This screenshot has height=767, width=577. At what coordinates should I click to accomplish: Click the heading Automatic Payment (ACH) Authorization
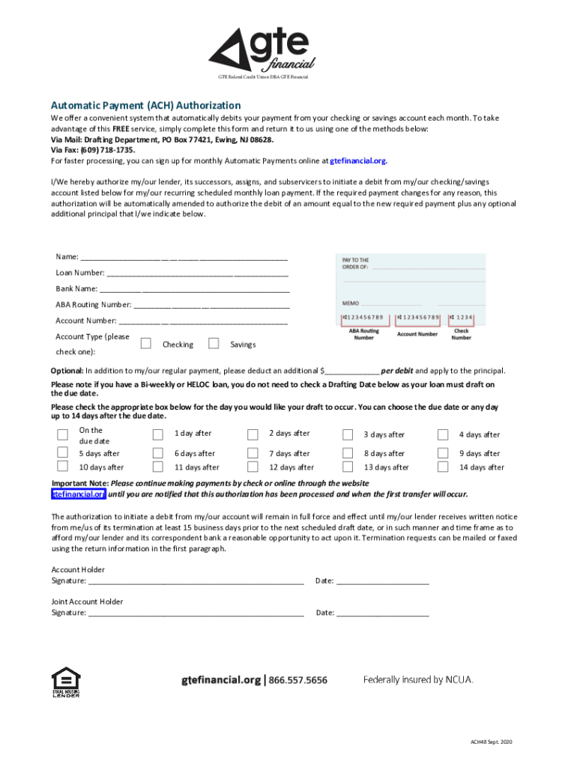145,106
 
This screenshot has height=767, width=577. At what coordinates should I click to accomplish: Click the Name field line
184,257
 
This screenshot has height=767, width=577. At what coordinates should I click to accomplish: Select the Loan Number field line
198,273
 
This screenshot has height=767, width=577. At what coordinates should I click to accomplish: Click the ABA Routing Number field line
211,305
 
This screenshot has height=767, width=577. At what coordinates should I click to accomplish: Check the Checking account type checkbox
146,344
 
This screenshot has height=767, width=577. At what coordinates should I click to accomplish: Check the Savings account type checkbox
214,344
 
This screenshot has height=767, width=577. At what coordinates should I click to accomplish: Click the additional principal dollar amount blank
351,371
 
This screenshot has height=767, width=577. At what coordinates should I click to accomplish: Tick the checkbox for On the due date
62,435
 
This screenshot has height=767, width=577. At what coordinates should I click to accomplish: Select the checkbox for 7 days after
252,453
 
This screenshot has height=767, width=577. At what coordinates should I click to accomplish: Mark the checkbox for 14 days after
443,467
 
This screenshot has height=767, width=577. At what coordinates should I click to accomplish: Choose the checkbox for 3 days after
348,435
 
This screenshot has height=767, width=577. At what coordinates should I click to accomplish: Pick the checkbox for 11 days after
157,467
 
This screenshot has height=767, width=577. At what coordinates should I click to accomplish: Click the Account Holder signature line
196,580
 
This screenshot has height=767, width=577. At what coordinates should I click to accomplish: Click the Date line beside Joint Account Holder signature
382,613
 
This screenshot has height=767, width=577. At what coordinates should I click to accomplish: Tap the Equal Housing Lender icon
65,682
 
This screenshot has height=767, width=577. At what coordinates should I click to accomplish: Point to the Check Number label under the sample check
462,334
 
